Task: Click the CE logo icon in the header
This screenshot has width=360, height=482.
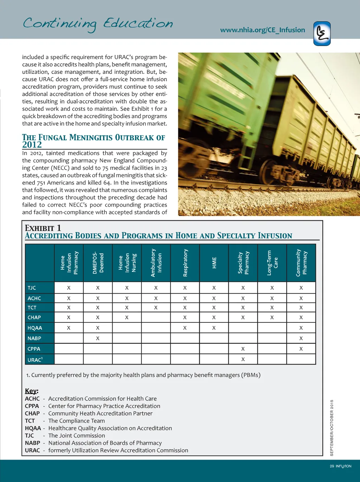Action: click(322, 34)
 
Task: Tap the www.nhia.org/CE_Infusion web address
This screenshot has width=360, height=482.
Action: click(262, 30)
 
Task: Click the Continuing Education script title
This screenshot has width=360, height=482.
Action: click(98, 24)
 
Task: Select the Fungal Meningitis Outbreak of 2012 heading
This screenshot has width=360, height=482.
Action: click(94, 141)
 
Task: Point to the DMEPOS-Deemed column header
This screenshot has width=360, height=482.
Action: click(98, 263)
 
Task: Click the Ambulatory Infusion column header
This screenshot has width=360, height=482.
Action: click(156, 263)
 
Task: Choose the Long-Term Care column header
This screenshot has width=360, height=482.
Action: click(272, 263)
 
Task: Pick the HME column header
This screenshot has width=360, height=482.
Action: click(214, 263)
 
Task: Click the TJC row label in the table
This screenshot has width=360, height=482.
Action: click(32, 288)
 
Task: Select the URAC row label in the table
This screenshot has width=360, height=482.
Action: click(35, 360)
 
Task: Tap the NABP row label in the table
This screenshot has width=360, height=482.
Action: click(34, 338)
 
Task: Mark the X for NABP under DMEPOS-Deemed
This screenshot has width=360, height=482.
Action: click(98, 339)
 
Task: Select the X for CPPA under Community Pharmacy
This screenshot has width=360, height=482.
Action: click(301, 349)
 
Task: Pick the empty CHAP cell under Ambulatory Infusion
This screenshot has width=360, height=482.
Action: click(156, 317)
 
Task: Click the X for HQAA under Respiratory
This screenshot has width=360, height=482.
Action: click(185, 328)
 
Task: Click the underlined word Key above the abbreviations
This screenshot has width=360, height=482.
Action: click(31, 391)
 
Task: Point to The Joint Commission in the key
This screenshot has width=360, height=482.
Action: click(77, 436)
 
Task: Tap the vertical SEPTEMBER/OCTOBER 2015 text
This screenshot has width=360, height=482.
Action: click(332, 428)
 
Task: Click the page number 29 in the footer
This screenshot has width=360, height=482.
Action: click(332, 466)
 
